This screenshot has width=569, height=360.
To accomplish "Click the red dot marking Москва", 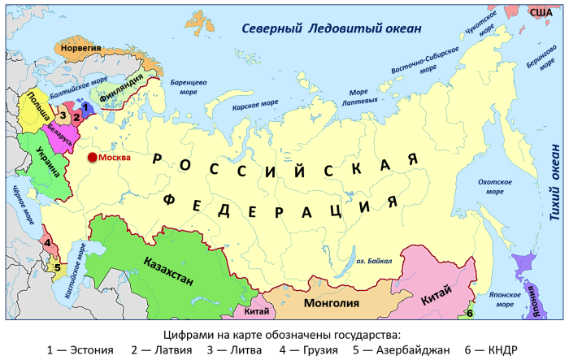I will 93,157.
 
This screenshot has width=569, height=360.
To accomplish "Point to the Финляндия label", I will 120,94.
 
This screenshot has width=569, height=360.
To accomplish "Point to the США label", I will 541,11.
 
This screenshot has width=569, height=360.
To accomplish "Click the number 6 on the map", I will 471,312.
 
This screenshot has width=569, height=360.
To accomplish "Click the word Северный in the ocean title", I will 271,30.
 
